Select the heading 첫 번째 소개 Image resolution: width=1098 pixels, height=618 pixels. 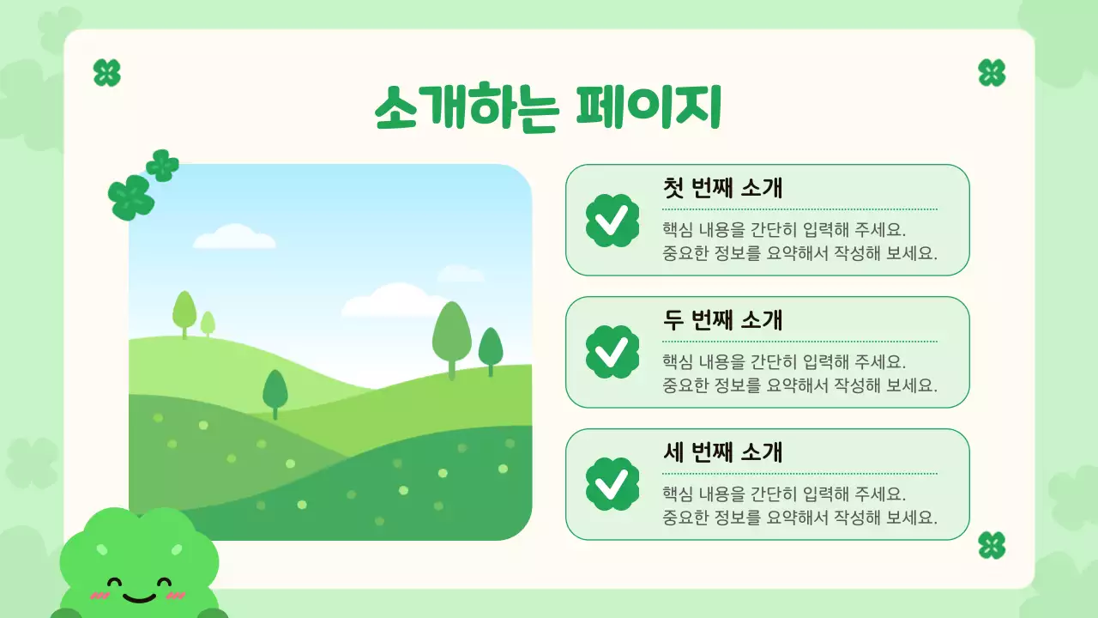tap(722, 188)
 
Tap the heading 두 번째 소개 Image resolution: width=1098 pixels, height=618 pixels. tap(722, 320)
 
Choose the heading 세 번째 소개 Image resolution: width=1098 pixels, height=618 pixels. tap(722, 452)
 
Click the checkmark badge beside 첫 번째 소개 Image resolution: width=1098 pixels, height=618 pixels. tap(612, 221)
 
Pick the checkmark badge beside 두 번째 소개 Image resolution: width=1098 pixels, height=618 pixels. tap(612, 352)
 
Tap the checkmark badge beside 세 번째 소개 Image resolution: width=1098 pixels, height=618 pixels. tap(612, 484)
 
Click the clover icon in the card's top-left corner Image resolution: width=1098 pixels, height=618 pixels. tap(106, 73)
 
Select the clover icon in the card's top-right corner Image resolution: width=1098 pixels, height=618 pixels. tap(992, 73)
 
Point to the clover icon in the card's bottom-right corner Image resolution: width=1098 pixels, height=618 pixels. tap(992, 545)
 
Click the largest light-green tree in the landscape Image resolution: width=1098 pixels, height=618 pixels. tap(451, 333)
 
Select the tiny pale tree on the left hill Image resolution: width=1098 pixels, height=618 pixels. tap(208, 324)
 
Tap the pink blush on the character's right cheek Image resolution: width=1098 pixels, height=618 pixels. tap(175, 595)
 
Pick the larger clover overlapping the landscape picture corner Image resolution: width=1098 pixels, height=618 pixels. tap(131, 197)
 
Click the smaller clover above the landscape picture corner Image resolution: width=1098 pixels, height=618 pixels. tap(162, 165)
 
